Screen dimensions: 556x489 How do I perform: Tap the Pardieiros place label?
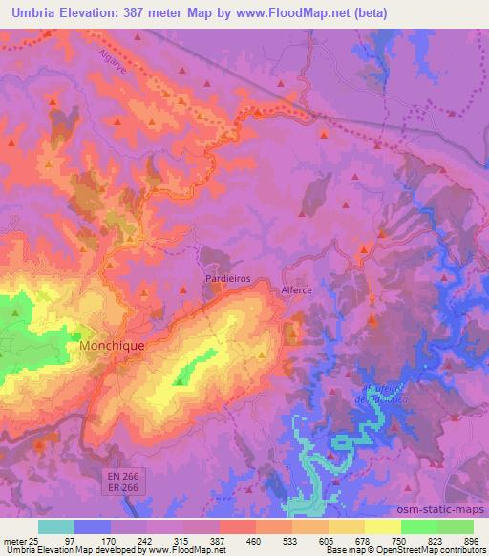228,278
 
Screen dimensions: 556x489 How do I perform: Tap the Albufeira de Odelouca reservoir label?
387,393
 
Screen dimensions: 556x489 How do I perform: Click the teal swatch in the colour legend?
56,526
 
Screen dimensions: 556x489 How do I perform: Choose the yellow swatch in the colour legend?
347,526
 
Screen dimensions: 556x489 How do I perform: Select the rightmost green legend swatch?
456,526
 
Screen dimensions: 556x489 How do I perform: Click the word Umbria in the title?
32,13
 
